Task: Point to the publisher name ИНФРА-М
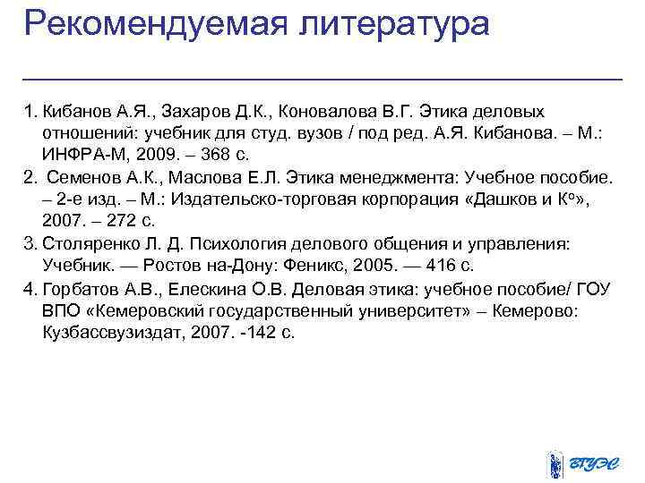(81, 154)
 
